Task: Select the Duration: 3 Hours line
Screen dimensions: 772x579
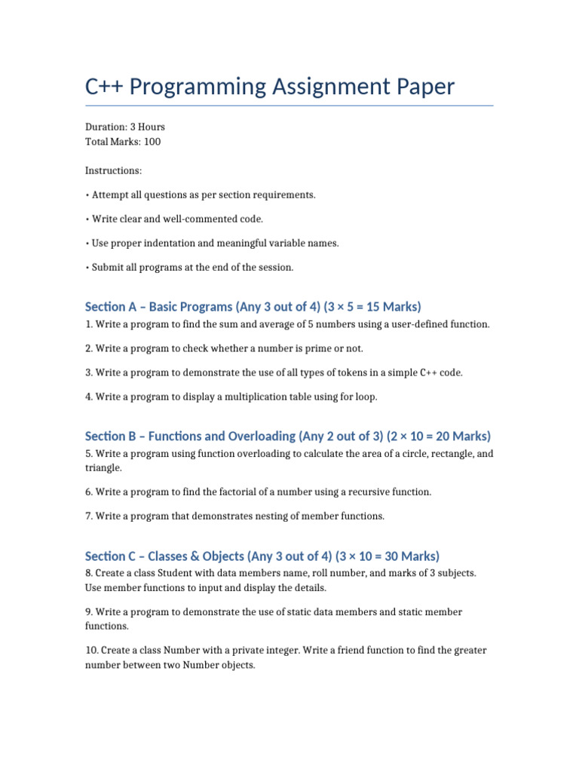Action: click(125, 127)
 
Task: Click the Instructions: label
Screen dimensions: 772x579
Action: click(113, 171)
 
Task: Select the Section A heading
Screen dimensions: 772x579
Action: click(253, 307)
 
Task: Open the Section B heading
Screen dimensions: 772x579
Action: click(288, 436)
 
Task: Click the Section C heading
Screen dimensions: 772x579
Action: click(262, 556)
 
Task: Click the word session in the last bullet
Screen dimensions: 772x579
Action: click(275, 267)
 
